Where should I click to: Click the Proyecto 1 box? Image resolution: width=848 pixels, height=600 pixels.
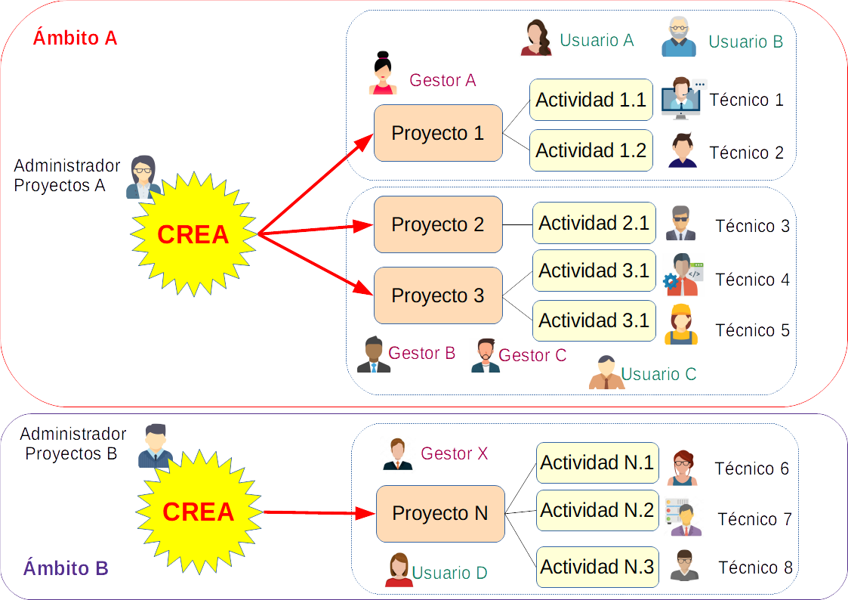click(x=438, y=133)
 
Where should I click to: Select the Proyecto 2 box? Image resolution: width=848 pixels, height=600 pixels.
click(x=438, y=224)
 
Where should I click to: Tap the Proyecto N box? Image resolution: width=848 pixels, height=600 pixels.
click(x=440, y=514)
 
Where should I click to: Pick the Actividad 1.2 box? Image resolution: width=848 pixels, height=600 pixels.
click(x=591, y=150)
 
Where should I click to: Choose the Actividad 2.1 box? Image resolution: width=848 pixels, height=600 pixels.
click(x=594, y=223)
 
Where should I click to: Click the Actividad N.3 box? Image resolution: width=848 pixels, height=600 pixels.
click(x=597, y=567)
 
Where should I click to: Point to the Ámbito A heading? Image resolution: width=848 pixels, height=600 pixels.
click(x=75, y=37)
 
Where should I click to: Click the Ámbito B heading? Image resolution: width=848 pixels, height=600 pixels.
click(x=66, y=568)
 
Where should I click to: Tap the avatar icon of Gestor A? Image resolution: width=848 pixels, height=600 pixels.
click(x=383, y=73)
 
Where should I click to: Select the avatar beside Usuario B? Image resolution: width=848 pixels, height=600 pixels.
click(x=679, y=38)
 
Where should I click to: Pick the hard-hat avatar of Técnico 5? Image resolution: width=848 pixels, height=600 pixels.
click(x=681, y=324)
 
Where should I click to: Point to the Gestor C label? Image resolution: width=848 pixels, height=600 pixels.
click(x=532, y=355)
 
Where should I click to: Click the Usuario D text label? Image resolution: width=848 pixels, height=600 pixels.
click(x=449, y=573)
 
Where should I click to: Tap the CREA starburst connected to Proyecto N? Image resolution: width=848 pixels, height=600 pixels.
click(x=199, y=512)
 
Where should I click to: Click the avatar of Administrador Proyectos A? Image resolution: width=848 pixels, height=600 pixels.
click(x=142, y=177)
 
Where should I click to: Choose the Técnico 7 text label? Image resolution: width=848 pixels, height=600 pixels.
click(x=754, y=519)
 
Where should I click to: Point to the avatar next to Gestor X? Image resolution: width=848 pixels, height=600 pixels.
click(x=397, y=454)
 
